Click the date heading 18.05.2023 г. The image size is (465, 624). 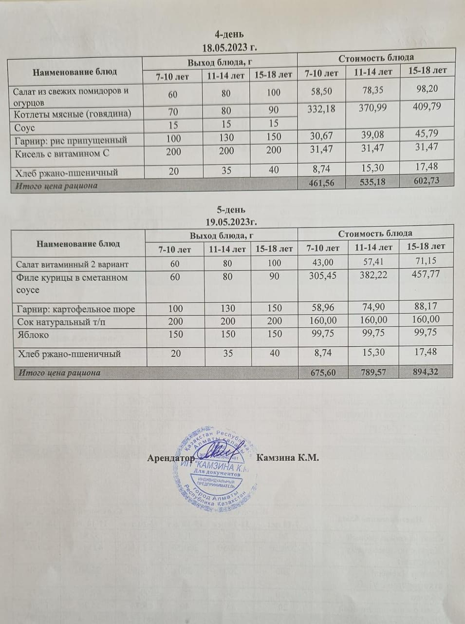click(x=229, y=47)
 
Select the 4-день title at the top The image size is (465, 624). click(x=229, y=34)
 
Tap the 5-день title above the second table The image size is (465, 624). click(x=230, y=210)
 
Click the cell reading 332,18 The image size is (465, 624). click(x=321, y=108)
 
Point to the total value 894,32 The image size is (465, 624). click(x=425, y=372)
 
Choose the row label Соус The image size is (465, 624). click(x=24, y=126)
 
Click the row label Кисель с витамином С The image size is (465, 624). click(x=61, y=153)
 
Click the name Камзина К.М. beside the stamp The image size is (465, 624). click(x=287, y=458)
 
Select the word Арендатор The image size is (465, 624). click(x=171, y=459)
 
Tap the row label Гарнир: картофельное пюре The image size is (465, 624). click(x=75, y=309)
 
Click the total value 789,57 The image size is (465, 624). click(x=373, y=372)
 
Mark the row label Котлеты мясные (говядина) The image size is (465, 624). click(x=72, y=114)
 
